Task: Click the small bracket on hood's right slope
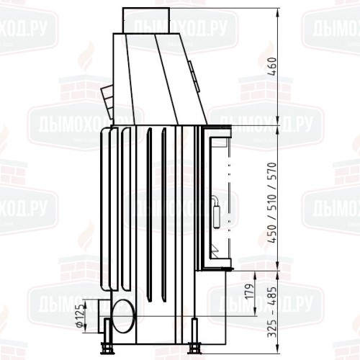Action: tap(192, 71)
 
